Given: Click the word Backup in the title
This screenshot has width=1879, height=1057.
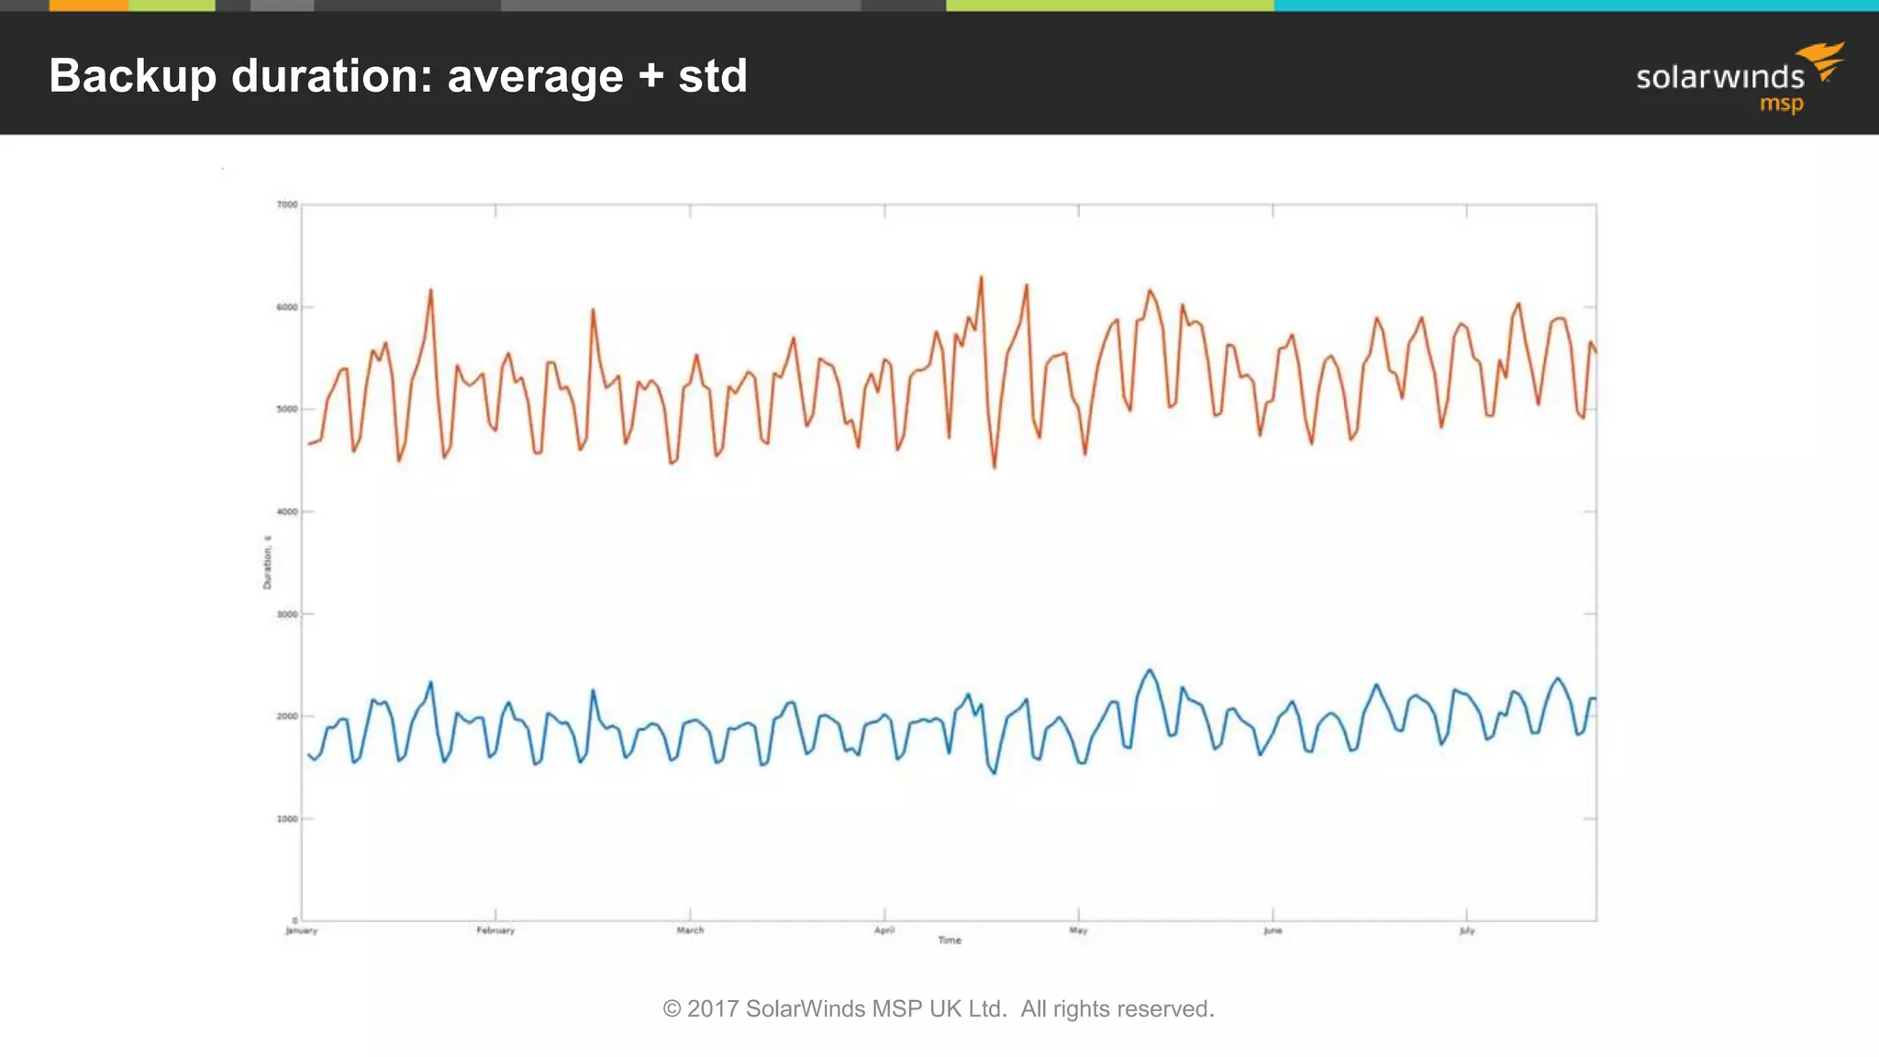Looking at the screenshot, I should click(x=132, y=76).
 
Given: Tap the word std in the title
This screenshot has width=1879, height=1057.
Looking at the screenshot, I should click(x=713, y=76).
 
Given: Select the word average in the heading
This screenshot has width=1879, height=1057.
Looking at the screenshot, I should click(x=535, y=76).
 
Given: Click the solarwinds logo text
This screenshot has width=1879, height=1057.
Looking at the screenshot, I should click(x=1719, y=77).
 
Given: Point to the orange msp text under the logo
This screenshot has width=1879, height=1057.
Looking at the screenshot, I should click(x=1781, y=104).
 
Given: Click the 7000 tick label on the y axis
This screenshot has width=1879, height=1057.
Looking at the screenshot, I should click(x=287, y=205).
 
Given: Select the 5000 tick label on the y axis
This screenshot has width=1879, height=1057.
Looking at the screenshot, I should click(x=287, y=409).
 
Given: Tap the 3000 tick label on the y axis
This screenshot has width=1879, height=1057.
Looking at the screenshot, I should click(x=287, y=615).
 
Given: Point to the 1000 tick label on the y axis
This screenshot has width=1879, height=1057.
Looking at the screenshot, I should click(x=287, y=819).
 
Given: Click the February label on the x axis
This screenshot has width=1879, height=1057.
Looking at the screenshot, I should click(x=495, y=930).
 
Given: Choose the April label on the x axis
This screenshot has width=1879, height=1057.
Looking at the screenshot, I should click(x=884, y=930).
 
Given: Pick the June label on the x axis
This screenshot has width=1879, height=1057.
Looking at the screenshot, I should click(x=1273, y=930).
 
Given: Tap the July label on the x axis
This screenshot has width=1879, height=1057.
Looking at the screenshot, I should click(x=1467, y=930).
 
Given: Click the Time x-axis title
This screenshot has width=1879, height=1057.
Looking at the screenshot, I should click(x=950, y=940).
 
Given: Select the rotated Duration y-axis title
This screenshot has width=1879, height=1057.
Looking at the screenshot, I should click(x=267, y=562).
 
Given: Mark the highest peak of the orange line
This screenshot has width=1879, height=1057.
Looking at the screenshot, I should click(x=981, y=277).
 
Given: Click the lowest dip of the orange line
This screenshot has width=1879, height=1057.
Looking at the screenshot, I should click(x=995, y=467).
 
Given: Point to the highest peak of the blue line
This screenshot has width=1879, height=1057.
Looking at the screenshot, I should click(x=1150, y=670).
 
